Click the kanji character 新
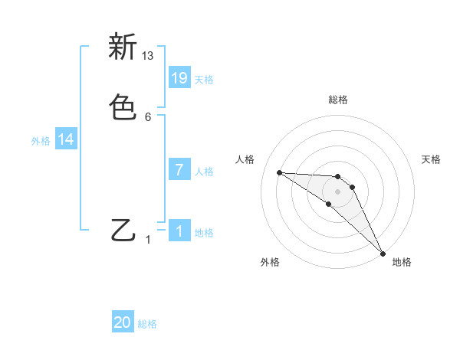click(x=123, y=47)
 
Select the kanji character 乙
click(x=123, y=231)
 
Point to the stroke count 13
click(x=148, y=56)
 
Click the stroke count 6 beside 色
click(x=148, y=117)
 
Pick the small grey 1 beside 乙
click(x=148, y=240)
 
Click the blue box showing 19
click(x=179, y=77)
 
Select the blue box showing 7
click(x=179, y=169)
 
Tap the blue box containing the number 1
click(x=179, y=231)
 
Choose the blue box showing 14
click(x=66, y=139)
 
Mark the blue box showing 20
click(x=123, y=322)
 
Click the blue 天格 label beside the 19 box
click(x=204, y=79)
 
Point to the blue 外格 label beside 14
click(x=41, y=141)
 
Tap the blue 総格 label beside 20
click(x=147, y=324)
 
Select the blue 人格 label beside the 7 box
click(x=204, y=171)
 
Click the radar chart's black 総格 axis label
click(x=338, y=100)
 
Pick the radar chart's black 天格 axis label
click(x=432, y=159)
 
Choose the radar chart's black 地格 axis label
click(x=402, y=263)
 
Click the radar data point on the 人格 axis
click(x=279, y=172)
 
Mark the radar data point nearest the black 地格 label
click(x=383, y=253)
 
